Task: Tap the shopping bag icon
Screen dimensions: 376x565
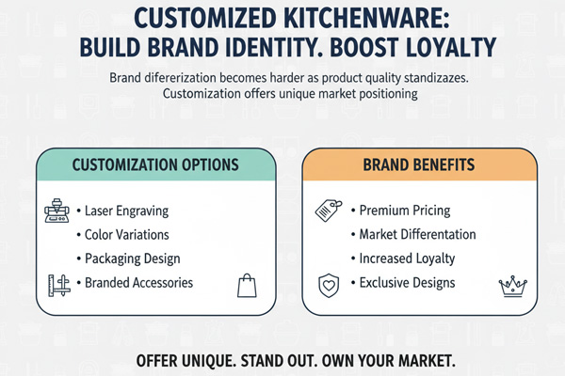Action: pyautogui.click(x=247, y=286)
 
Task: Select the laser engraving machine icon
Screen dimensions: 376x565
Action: pyautogui.click(x=58, y=212)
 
